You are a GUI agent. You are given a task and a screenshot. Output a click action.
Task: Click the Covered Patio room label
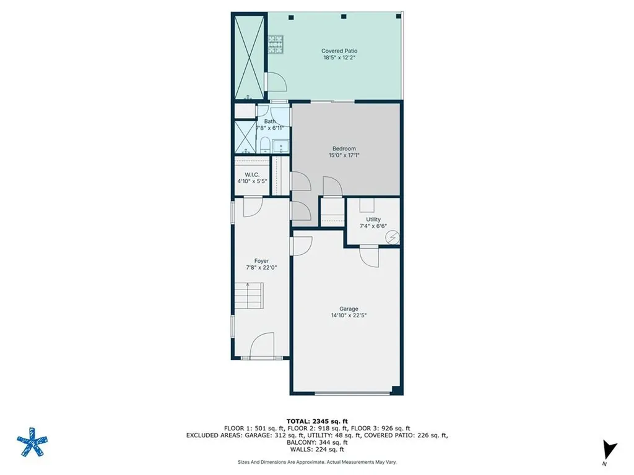point(339,51)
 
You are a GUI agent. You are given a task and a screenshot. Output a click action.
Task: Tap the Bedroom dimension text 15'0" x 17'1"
point(344,155)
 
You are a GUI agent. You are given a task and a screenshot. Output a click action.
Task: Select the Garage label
point(349,309)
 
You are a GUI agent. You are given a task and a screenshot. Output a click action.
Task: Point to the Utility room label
point(373,220)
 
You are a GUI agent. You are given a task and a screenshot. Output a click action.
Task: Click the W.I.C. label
point(252,175)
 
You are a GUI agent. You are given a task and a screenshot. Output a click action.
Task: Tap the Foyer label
point(261,261)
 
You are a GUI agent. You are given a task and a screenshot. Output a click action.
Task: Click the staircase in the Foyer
point(249,295)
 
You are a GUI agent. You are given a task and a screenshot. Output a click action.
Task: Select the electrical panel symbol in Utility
point(392,237)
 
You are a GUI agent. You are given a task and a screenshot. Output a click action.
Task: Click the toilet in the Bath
point(265,145)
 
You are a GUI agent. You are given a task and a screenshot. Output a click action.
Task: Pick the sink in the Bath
point(280,146)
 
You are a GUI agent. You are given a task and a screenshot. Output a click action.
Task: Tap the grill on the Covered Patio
point(276,44)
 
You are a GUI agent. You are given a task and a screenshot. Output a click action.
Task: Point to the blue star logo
point(32,442)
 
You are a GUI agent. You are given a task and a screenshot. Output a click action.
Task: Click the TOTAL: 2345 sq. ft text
point(317,421)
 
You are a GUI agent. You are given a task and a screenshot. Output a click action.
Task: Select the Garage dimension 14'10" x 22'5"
point(349,315)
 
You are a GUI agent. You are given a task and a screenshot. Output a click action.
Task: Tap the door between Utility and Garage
point(369,256)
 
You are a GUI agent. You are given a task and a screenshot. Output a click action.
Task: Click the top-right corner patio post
point(399,17)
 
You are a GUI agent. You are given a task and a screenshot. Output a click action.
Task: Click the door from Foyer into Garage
point(302,246)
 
